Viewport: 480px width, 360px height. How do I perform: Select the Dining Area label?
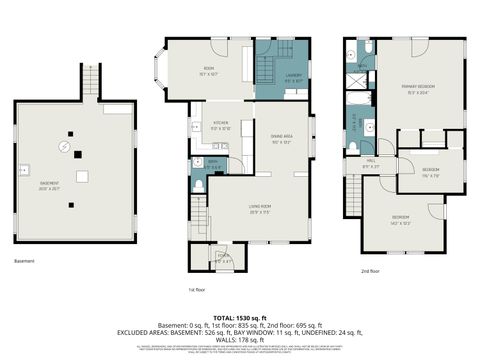(x=282, y=138)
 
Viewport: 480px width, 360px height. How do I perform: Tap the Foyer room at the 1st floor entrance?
(x=223, y=263)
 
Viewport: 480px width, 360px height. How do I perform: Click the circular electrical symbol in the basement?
(x=63, y=147)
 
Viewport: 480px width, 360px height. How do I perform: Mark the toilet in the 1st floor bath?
(x=198, y=184)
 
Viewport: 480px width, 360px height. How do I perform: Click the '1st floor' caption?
(x=197, y=290)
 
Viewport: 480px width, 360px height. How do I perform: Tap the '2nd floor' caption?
(x=370, y=270)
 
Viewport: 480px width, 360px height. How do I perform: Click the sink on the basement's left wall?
(x=24, y=169)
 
